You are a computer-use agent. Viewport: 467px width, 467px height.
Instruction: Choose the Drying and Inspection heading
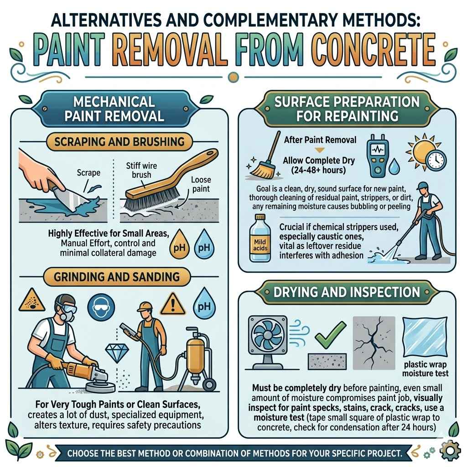tap(347, 292)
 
